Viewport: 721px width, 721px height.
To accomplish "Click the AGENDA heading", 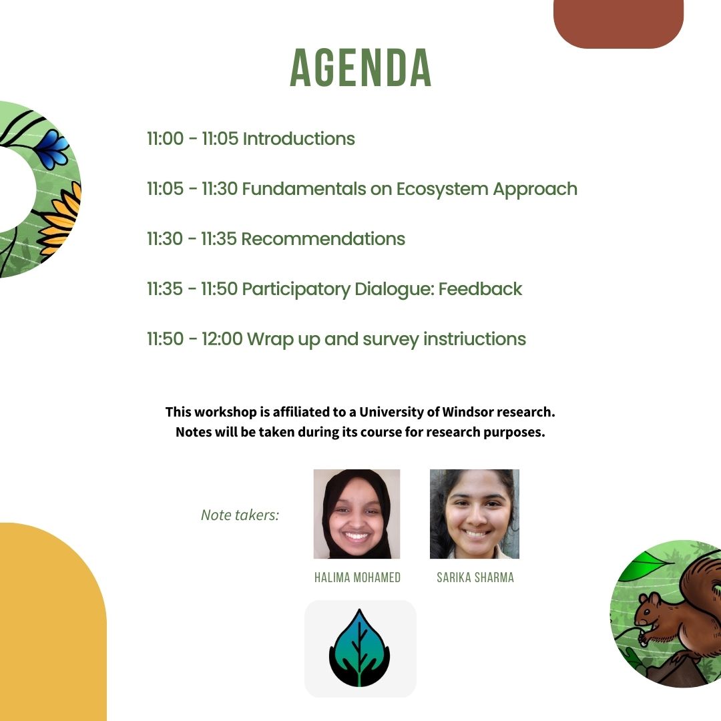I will click(360, 68).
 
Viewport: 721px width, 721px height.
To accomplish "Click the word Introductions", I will click(298, 139).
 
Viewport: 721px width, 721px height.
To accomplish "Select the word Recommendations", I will click(323, 239).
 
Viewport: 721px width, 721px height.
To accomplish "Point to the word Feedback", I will click(480, 289).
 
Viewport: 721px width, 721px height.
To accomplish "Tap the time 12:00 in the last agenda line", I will click(222, 339).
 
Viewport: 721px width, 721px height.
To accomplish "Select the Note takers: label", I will click(240, 515).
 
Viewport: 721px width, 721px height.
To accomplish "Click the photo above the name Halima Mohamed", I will click(356, 513).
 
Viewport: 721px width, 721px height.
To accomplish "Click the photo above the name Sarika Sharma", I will click(474, 513).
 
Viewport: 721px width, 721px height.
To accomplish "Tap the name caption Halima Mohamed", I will click(357, 577).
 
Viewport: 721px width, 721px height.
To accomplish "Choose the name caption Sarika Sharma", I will click(475, 577).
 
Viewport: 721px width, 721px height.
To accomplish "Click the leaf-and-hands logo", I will click(360, 648).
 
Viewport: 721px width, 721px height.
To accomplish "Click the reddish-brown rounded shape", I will click(618, 23).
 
